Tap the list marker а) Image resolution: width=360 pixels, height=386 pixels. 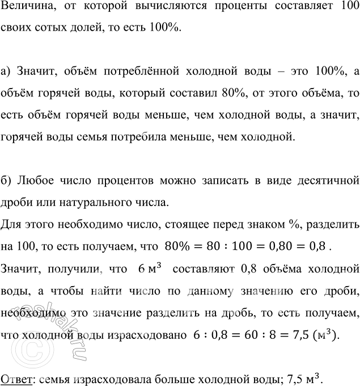click(x=7, y=71)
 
